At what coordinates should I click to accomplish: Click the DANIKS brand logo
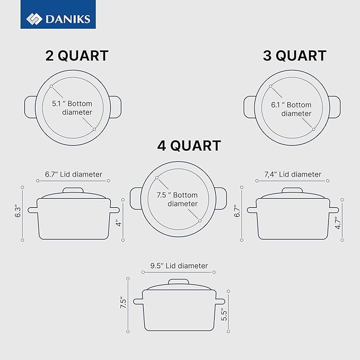coord(59,20)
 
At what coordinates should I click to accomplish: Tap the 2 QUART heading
coord(77,56)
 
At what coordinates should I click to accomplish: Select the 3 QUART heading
coord(295,56)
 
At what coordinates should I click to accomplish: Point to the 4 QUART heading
coord(189,145)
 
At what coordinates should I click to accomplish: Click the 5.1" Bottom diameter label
coord(72,108)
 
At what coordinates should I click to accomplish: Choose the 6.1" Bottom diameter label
coord(291,109)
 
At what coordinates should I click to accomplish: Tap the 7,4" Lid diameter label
coord(293,174)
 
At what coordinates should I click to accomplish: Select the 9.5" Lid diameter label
coord(179,266)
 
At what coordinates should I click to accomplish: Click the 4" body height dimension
coord(119,224)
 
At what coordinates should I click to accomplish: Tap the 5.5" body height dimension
coord(224,314)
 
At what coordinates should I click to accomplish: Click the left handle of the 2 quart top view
coord(31,107)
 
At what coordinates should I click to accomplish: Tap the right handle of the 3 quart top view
coord(335,107)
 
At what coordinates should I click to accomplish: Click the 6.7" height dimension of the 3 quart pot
coord(238,212)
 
